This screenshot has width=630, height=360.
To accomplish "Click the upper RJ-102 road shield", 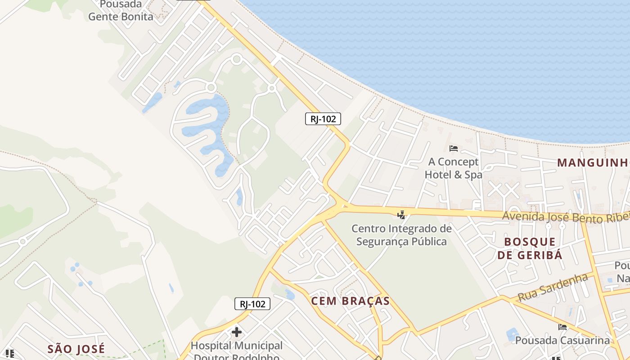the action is click(323, 119).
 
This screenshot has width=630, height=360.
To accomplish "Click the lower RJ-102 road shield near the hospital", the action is click(252, 304).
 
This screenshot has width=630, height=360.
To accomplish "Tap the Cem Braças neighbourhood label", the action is click(351, 301).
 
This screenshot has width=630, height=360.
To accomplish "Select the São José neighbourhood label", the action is click(76, 348).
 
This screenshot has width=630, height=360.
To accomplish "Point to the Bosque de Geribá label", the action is click(530, 248).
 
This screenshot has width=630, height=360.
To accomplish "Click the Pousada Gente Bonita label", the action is click(121, 11).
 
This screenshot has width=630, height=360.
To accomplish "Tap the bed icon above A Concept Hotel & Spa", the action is click(454, 148).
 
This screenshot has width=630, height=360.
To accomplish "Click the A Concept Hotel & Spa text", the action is click(454, 168).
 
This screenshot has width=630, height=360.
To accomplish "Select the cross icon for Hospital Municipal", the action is click(236, 333).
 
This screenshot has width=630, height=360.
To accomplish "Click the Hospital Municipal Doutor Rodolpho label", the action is click(237, 351).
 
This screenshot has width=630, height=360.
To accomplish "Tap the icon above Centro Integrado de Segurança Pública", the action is click(401, 215).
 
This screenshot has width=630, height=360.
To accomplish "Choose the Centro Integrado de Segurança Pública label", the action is click(401, 235).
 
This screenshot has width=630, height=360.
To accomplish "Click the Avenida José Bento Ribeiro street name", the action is click(565, 216).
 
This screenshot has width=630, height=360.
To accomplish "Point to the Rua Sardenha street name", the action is click(553, 287).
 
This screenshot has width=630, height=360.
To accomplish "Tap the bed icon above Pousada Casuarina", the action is click(562, 327).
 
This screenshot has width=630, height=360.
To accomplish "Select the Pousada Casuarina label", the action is click(562, 340).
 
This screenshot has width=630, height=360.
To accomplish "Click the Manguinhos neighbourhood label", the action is click(593, 162).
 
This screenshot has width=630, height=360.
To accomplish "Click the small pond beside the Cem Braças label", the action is click(290, 295).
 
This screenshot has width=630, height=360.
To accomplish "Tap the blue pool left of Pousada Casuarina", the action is click(512, 335).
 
